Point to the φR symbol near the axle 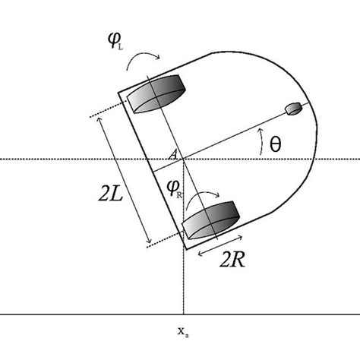(x=174, y=185)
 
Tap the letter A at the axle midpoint (x=173, y=156)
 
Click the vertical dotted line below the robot (x=183, y=281)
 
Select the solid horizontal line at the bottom (x=76, y=314)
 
